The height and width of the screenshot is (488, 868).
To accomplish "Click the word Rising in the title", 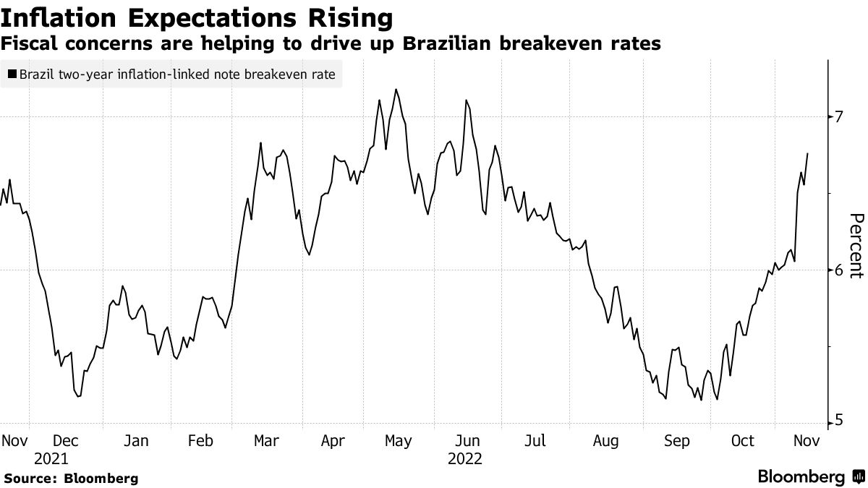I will (346, 17).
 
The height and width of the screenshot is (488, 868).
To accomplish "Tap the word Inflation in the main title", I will (53, 17).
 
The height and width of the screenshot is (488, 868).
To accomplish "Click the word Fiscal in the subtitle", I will (30, 44).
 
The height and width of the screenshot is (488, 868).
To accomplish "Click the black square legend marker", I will (12, 74).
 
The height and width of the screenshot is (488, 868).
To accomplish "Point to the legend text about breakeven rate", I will (178, 74).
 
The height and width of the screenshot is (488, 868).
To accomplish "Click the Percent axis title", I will (856, 246).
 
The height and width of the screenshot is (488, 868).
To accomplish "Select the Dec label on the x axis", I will (67, 441).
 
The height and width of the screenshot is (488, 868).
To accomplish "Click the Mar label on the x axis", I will (267, 441).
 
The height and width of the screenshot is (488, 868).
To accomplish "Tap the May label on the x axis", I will (399, 441).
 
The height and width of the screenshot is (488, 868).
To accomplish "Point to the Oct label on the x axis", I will (743, 441).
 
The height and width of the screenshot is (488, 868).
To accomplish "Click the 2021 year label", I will (51, 459).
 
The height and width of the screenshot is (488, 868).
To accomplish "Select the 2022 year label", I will (466, 459).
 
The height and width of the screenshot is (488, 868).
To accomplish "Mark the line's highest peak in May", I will (396, 90).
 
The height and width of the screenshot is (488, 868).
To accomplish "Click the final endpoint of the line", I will (807, 153).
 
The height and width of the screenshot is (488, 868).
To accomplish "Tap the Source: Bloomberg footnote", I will (71, 479).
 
